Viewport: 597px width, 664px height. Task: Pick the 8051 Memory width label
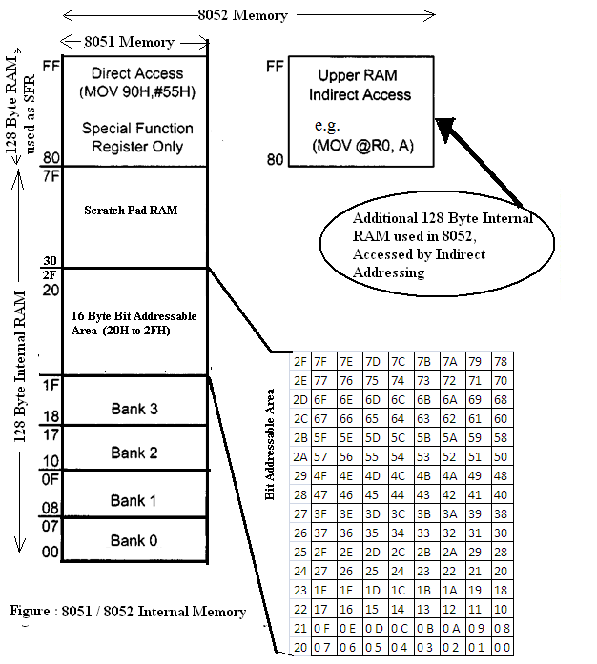[131, 42]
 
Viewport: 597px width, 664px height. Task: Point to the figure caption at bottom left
[127, 612]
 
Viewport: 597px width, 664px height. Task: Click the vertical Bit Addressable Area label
[271, 444]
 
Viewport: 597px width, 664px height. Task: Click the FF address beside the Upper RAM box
[274, 68]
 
